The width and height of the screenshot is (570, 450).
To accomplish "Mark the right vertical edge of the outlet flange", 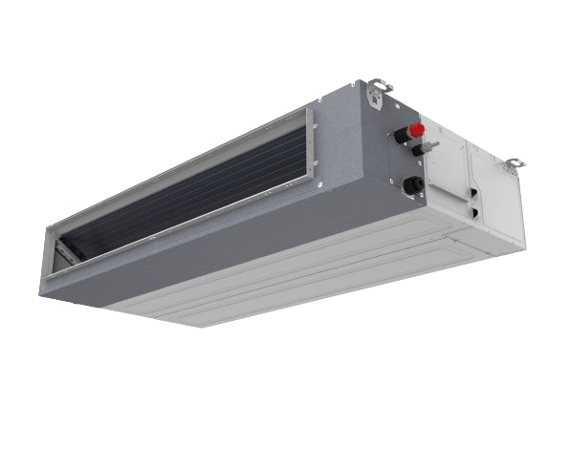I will coord(311,148).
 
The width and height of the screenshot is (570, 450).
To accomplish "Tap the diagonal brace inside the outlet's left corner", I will coord(65,252).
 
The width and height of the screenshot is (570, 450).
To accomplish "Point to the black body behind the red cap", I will coord(403,136).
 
